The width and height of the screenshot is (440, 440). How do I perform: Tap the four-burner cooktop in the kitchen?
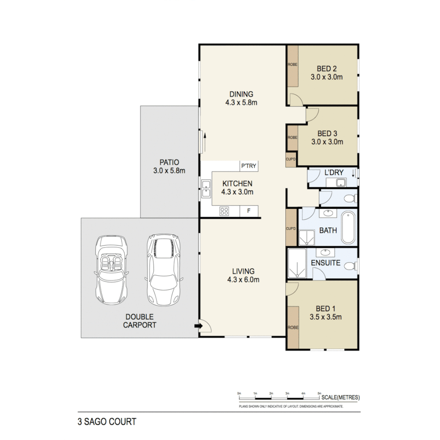coord(224,211)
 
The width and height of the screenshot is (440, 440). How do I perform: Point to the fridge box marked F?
coord(249,211)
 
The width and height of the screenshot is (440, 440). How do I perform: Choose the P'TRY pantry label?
coord(249,166)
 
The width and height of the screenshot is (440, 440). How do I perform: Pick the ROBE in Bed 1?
coord(292,327)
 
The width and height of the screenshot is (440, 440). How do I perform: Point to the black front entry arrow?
coord(198,326)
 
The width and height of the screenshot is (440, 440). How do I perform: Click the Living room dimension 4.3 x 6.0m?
coord(243,279)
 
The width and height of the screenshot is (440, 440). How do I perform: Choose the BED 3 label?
coord(328,133)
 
